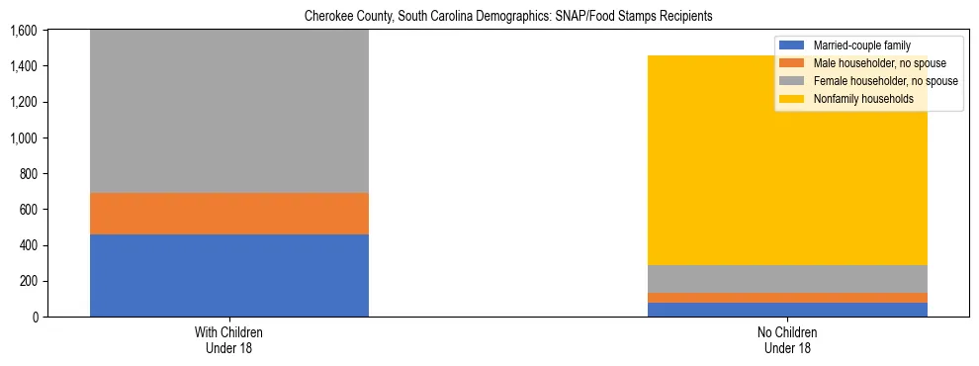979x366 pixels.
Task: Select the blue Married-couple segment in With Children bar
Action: (x=229, y=275)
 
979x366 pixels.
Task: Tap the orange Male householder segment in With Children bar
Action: (x=229, y=214)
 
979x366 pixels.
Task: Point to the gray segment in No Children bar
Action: (x=787, y=279)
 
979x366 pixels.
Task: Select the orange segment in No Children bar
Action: (x=787, y=298)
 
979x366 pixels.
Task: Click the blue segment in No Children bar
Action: (x=787, y=310)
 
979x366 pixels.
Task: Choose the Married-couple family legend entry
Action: (x=861, y=46)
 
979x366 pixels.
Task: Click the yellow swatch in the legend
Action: (x=792, y=99)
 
